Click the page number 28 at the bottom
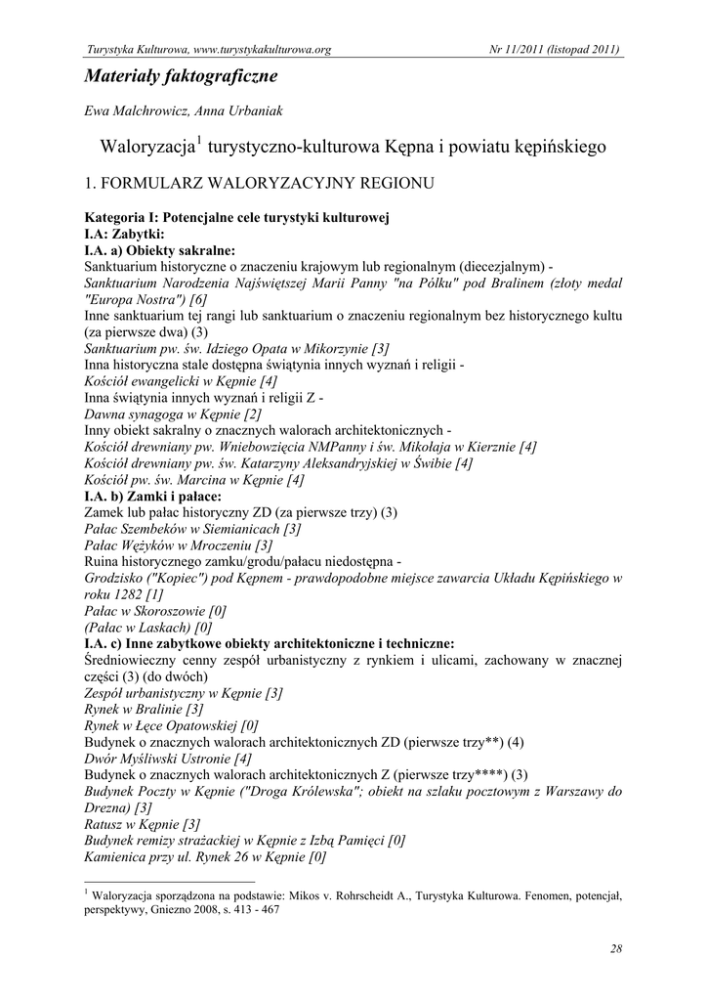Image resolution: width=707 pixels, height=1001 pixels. pyautogui.click(x=616, y=948)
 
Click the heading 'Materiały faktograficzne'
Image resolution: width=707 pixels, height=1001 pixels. pyautogui.click(x=181, y=75)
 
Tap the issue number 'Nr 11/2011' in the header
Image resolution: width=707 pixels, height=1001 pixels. pyautogui.click(x=516, y=50)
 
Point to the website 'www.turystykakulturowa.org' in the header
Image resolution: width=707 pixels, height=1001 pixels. pyautogui.click(x=263, y=50)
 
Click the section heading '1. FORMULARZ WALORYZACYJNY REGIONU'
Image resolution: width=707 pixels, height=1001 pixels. pyautogui.click(x=259, y=183)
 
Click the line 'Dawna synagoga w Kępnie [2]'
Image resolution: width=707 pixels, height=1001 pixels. pyautogui.click(x=173, y=414)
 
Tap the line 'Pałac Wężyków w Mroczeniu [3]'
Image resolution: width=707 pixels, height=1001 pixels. pyautogui.click(x=179, y=544)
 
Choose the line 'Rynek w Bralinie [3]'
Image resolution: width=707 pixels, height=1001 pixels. pyautogui.click(x=144, y=709)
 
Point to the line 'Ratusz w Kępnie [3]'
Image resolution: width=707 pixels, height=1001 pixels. pyautogui.click(x=143, y=823)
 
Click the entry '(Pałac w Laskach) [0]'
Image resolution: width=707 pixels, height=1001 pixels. pyautogui.click(x=148, y=627)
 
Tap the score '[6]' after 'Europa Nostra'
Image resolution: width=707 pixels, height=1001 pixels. pyautogui.click(x=199, y=298)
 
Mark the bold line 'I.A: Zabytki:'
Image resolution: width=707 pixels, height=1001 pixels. pyautogui.click(x=124, y=234)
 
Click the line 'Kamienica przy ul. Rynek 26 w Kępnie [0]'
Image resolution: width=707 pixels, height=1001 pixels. pyautogui.click(x=205, y=856)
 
